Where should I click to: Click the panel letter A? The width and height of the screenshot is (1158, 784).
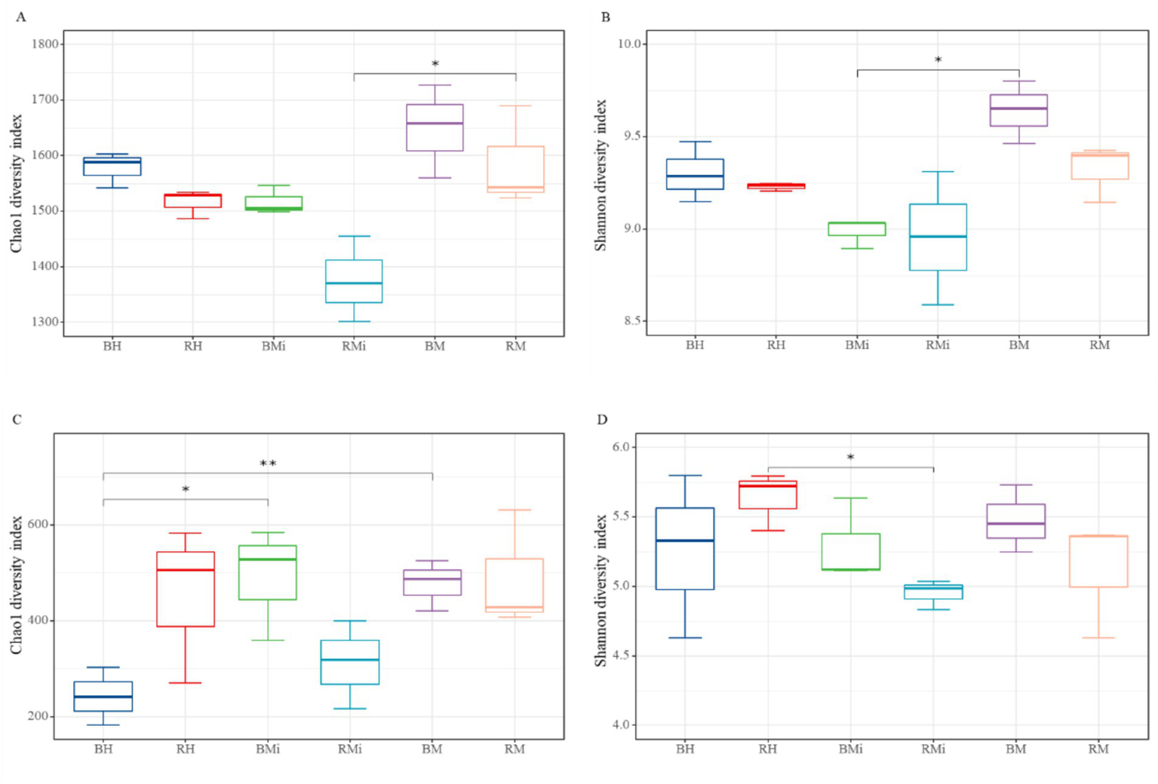tap(20, 17)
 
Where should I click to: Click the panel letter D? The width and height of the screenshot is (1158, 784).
tap(602, 419)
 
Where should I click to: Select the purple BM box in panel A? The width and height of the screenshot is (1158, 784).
tap(435, 128)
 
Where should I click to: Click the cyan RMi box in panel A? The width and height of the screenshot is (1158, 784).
tap(354, 281)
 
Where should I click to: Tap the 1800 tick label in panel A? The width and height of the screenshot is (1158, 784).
tap(45, 44)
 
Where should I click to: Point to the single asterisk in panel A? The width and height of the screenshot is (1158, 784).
tap(435, 65)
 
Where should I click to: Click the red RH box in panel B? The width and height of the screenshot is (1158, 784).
tap(776, 185)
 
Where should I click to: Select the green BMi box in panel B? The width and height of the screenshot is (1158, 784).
tap(857, 228)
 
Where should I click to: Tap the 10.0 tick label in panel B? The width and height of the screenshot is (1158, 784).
tap(628, 44)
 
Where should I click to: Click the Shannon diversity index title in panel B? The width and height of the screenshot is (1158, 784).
tap(601, 176)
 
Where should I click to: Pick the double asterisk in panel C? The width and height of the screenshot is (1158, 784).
tap(268, 464)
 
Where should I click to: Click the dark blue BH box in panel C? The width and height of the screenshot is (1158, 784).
tap(103, 697)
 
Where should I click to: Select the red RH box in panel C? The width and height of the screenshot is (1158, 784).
tap(186, 589)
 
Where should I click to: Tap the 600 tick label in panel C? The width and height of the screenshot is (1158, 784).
tap(38, 525)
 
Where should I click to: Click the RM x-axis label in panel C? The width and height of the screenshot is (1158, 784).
tap(514, 749)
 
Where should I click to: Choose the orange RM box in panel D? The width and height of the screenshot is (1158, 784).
tap(1098, 561)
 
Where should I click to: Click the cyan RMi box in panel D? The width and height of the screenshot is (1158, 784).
tap(933, 592)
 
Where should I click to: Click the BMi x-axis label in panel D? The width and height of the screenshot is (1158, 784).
tap(850, 749)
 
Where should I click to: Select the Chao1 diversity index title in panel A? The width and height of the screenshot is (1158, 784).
tap(17, 183)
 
